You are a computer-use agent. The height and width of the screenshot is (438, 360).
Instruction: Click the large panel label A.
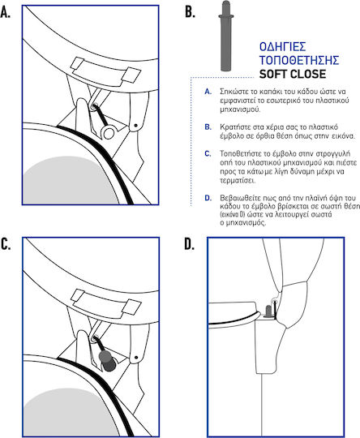[x=6, y=12]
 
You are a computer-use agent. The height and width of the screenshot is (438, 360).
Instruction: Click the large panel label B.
[x=190, y=12]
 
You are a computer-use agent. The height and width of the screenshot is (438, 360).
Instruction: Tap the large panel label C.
[x=6, y=244]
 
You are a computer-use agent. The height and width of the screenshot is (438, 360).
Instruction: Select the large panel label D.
[x=190, y=244]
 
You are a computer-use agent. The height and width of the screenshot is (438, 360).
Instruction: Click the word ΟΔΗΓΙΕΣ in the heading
[x=283, y=47]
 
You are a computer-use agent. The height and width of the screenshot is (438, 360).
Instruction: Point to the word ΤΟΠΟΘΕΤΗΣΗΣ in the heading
[x=299, y=60]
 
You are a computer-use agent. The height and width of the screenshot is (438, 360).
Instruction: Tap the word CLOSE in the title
[x=308, y=74]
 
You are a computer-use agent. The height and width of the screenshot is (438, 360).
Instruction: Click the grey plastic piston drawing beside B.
[x=226, y=36]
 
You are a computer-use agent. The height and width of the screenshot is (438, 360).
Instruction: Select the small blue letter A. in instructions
[x=208, y=92]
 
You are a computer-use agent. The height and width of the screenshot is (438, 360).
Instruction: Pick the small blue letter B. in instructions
[x=208, y=127]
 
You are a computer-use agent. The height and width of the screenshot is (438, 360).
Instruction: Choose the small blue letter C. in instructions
[x=208, y=153]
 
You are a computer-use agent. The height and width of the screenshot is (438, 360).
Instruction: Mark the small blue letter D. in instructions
[x=208, y=198]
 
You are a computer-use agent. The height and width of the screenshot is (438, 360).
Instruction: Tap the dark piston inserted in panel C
[x=107, y=361]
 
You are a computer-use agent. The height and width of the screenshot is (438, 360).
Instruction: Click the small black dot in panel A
[x=136, y=126]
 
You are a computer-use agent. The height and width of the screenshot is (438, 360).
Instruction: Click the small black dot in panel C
[x=136, y=357]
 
